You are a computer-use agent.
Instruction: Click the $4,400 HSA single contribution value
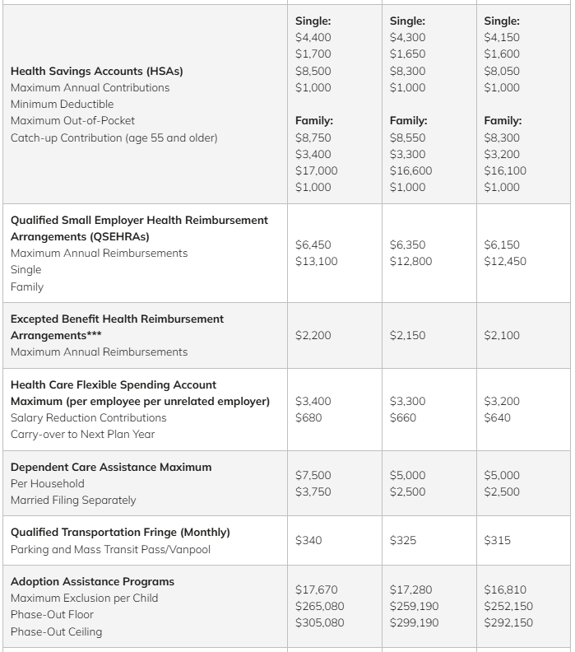click(x=313, y=37)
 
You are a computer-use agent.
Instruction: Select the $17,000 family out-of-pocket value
click(x=316, y=170)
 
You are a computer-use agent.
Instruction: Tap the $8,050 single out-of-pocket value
click(x=502, y=71)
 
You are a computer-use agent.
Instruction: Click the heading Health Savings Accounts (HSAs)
click(x=97, y=71)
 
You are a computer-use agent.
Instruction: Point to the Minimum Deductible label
click(x=63, y=105)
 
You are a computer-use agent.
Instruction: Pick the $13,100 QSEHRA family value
click(x=316, y=261)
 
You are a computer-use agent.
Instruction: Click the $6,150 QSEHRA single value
click(x=502, y=244)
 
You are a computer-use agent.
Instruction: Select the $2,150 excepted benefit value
click(x=407, y=335)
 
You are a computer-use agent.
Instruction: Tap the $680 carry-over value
click(x=308, y=417)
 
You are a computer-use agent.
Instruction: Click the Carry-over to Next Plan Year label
click(x=82, y=434)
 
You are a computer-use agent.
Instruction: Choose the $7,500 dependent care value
click(x=313, y=475)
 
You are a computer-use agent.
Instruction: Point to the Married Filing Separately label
click(x=73, y=500)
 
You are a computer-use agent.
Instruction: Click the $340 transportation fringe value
click(x=308, y=540)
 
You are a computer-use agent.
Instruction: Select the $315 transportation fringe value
click(x=497, y=540)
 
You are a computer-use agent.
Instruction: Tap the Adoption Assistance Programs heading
click(x=92, y=581)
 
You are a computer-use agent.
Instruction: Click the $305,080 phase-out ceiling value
click(x=319, y=622)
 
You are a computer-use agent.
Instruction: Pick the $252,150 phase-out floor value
click(x=508, y=606)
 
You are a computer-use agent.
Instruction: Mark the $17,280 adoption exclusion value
click(x=410, y=589)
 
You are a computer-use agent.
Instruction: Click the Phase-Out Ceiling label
click(x=57, y=631)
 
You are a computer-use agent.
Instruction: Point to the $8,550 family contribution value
click(x=407, y=137)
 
